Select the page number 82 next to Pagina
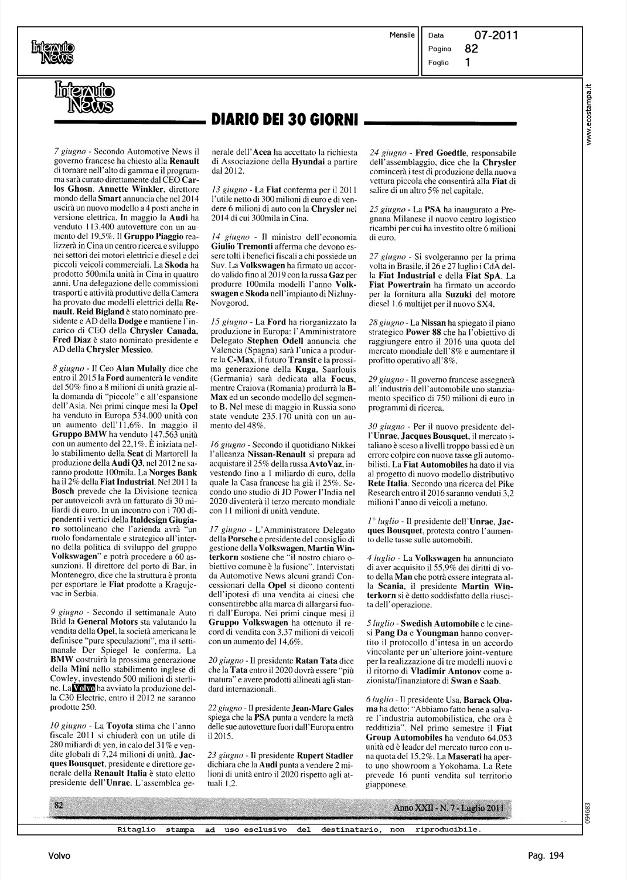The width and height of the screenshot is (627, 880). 472,49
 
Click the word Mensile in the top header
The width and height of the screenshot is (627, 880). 402,35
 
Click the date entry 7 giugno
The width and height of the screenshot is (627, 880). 69,151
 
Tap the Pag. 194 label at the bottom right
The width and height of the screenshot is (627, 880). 544,856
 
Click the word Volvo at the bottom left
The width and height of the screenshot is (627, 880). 59,856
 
